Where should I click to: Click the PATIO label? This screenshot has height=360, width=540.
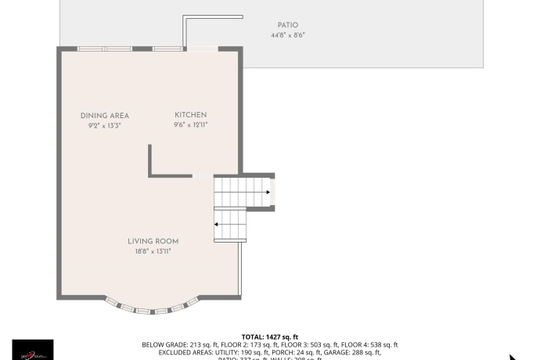287,25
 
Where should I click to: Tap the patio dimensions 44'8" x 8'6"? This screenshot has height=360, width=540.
287,35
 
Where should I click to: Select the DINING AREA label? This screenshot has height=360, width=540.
104,116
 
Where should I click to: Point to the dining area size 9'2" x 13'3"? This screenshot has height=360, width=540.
104,125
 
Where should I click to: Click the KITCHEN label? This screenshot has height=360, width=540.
190,115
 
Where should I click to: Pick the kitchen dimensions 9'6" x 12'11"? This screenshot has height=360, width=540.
190,124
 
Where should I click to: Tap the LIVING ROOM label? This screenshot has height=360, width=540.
153,241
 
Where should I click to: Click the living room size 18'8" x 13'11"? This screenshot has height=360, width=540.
153,251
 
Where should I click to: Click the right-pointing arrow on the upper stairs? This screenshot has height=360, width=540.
268,192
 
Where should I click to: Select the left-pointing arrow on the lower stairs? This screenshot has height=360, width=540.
217,225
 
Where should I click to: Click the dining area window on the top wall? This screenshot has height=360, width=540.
104,49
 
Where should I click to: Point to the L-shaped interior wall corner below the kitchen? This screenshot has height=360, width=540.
150,174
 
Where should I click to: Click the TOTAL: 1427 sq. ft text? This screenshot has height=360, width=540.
270,337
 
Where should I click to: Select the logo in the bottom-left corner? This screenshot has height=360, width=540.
33,349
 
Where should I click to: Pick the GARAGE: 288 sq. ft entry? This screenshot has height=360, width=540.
358,352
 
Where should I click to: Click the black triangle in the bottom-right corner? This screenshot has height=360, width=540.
513,356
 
